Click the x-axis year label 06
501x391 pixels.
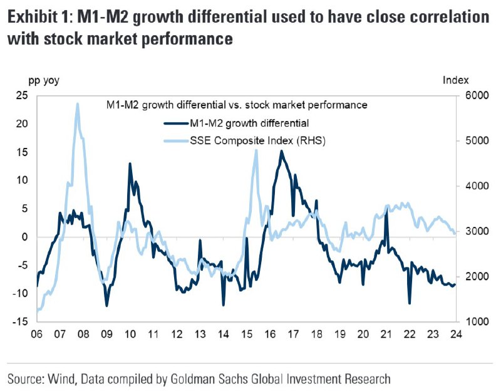(38, 333)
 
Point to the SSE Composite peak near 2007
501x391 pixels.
(77, 104)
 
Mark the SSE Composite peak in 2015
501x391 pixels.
(256, 150)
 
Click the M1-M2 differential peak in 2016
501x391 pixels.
(282, 151)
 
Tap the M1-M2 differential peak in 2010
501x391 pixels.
(130, 164)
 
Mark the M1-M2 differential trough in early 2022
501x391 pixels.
(410, 303)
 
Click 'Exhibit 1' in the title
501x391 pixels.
(38, 18)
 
